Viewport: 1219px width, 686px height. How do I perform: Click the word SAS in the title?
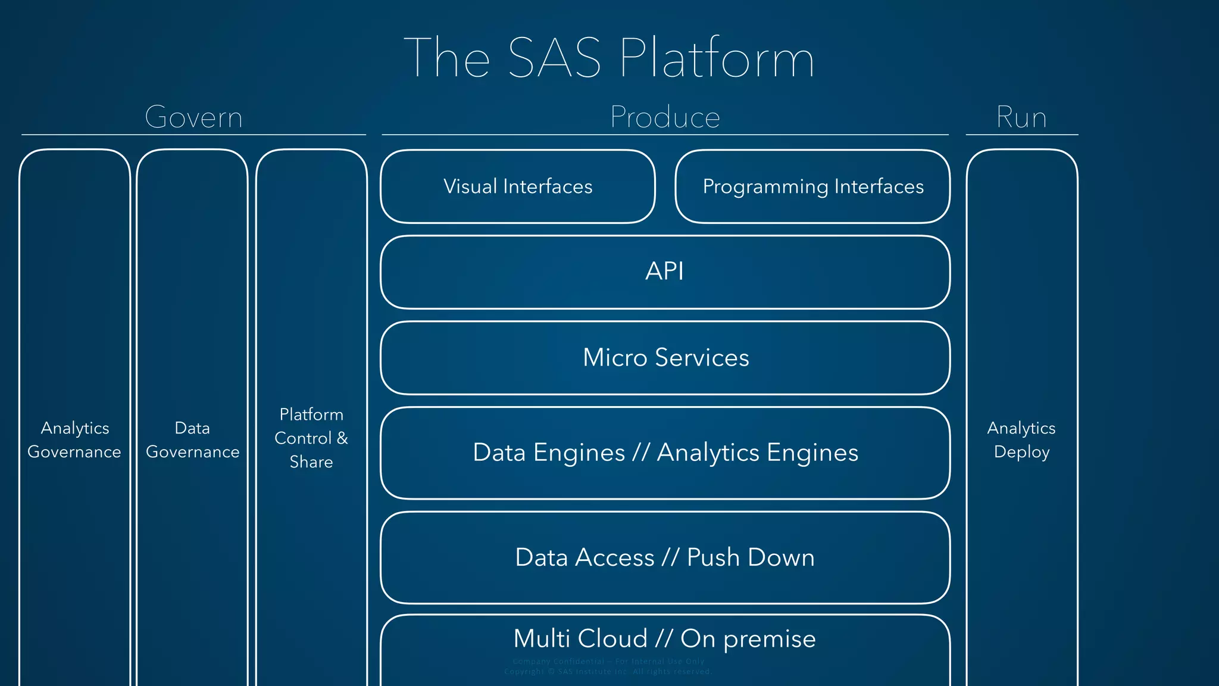tap(554, 58)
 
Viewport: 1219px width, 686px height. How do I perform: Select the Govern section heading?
tap(194, 117)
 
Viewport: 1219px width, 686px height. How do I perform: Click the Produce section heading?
tap(665, 117)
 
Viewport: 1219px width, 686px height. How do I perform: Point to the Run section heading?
tap(1021, 117)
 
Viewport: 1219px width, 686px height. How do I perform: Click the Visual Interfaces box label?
tap(518, 186)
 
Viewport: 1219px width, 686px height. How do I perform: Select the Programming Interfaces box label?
tap(813, 186)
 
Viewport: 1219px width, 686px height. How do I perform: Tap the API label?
tap(665, 272)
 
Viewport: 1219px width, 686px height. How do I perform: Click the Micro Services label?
tap(665, 357)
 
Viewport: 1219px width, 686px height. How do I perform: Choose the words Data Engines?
tap(549, 453)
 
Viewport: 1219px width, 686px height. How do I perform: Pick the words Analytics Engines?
tap(758, 453)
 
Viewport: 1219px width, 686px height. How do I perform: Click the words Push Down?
tap(751, 557)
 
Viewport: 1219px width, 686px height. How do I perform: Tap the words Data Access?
tap(585, 557)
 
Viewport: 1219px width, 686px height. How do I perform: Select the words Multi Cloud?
tap(580, 638)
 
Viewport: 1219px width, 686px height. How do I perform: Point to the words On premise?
tap(748, 638)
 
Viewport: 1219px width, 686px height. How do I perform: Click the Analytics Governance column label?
tap(74, 440)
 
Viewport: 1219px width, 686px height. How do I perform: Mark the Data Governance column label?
tap(192, 440)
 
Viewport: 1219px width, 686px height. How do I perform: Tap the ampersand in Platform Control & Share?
tap(342, 438)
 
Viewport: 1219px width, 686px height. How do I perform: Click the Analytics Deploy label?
tap(1021, 440)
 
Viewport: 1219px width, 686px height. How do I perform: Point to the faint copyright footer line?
tap(608, 672)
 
